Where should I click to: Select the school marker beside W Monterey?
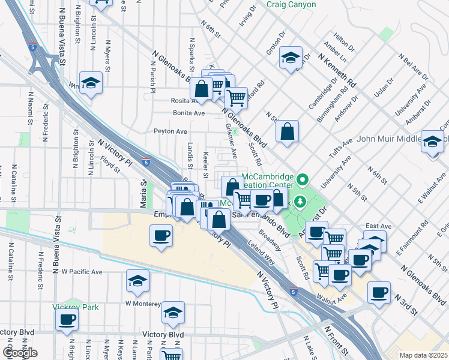(x=137, y=281)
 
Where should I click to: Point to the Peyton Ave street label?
(x=170, y=131)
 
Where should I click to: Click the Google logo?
(x=19, y=353)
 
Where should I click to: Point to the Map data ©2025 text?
(x=424, y=355)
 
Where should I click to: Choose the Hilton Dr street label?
(x=345, y=42)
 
